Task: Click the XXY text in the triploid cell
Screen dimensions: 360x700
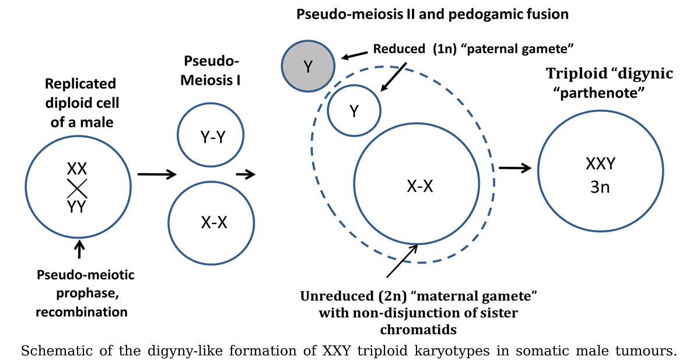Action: coord(600,164)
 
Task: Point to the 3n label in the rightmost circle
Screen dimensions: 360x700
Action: coord(600,188)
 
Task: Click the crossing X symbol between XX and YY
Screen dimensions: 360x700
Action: coord(77,188)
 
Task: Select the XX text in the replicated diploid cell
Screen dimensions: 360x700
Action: coord(77,169)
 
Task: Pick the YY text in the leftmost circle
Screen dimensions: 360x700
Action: coord(77,207)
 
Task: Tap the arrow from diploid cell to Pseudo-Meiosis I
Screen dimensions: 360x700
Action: coord(156,174)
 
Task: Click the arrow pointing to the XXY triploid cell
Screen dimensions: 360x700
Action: coord(516,168)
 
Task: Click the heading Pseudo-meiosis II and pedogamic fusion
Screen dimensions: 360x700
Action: coord(432,14)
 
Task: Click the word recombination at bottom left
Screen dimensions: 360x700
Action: coord(81,312)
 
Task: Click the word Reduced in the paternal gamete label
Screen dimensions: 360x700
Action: coord(399,49)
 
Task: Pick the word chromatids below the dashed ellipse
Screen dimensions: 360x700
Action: coord(418,329)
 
